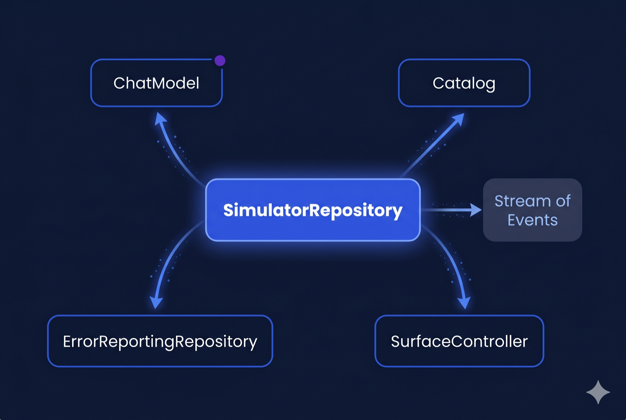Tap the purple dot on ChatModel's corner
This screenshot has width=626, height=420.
[220, 60]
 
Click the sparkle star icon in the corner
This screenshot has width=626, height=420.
[598, 392]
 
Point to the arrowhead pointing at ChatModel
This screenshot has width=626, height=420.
[160, 120]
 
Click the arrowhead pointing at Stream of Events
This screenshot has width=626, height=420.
[476, 210]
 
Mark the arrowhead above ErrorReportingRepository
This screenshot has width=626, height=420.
[156, 302]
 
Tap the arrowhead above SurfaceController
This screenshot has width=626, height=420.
[464, 302]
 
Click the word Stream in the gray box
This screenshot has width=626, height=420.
[517, 201]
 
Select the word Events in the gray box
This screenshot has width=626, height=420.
[532, 220]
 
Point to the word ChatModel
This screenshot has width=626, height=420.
[156, 83]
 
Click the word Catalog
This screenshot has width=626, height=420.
[464, 83]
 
